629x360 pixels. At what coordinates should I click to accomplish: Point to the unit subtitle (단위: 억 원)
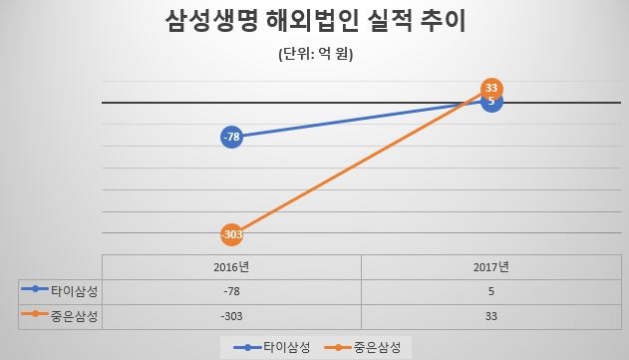tap(316, 55)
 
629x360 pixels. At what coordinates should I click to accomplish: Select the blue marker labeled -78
tap(231, 136)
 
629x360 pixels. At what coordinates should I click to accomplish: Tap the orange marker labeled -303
tap(231, 235)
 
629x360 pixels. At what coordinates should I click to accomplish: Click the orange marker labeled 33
tap(490, 88)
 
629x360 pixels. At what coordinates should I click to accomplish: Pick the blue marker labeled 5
tap(490, 102)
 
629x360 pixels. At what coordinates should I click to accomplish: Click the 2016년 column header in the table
tap(231, 267)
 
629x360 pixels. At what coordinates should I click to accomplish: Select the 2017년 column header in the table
tap(490, 267)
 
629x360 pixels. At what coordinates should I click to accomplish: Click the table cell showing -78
tap(231, 291)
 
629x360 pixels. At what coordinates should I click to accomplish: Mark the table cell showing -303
tap(231, 314)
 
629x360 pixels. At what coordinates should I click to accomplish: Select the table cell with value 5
tap(490, 291)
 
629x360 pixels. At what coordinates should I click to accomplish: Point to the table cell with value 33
tap(490, 314)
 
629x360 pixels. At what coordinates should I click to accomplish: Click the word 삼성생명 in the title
tap(204, 22)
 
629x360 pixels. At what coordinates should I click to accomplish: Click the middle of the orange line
tap(361, 162)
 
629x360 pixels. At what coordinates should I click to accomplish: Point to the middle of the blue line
tap(361, 119)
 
